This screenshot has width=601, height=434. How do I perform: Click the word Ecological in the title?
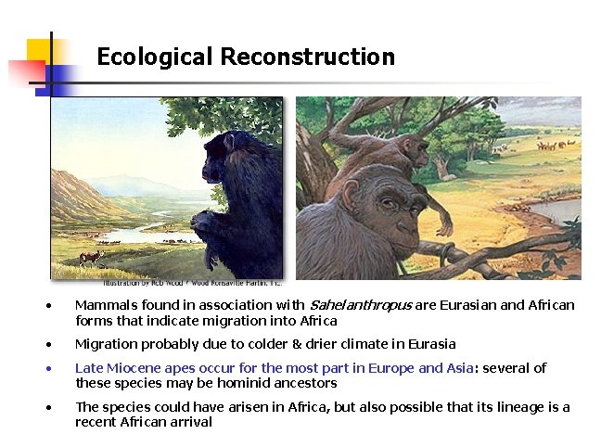coord(155,57)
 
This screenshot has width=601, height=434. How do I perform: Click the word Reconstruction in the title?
coord(308,57)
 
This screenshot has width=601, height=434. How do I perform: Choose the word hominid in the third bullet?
coord(245,383)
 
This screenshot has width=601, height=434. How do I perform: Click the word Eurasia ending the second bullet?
coord(431,344)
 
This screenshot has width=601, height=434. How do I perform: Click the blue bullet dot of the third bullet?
coord(55,369)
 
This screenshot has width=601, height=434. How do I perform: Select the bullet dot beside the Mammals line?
coord(55,306)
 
